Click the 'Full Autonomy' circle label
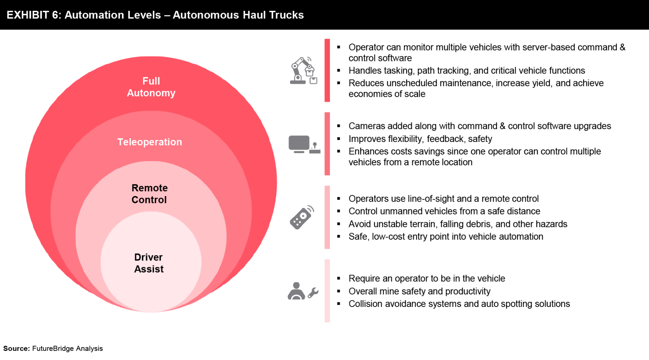tap(151, 87)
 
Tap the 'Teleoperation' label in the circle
tap(150, 142)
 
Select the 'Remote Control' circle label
tap(149, 194)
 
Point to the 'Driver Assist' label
tap(149, 263)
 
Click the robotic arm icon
tap(302, 71)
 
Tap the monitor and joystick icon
tap(304, 144)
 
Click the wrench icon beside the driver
tap(313, 292)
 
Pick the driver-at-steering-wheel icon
tap(296, 291)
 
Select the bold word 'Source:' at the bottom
tap(16, 348)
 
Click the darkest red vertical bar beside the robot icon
tap(327, 70)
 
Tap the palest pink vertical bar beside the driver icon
tap(327, 291)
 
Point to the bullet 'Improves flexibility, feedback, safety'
tap(420, 139)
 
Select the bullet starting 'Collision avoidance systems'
tap(459, 304)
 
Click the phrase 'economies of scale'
tap(387, 94)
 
